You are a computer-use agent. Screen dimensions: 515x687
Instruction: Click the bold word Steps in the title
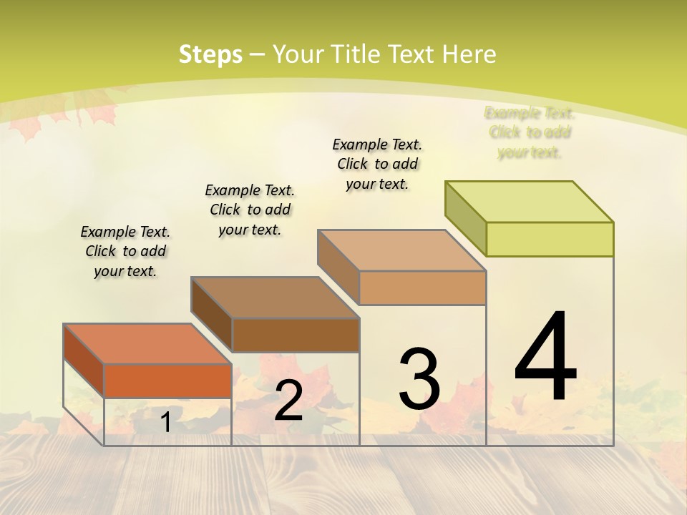tap(210, 54)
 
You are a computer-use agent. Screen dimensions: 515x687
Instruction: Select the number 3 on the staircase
tap(419, 378)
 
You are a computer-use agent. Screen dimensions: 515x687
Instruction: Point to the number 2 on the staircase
tap(288, 401)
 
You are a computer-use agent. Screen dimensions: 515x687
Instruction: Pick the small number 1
tap(165, 422)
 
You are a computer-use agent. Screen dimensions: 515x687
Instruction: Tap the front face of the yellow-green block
tap(550, 239)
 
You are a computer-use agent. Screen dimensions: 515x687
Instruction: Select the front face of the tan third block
tap(422, 288)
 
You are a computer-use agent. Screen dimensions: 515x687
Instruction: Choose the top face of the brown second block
tap(275, 298)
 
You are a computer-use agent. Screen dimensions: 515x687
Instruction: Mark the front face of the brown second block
tap(296, 335)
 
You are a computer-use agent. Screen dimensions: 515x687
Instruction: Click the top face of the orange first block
tap(147, 344)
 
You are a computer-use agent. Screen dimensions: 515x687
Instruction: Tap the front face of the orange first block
tap(167, 381)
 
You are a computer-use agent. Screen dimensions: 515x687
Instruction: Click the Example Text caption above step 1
tap(125, 251)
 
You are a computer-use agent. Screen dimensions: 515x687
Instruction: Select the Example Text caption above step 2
tap(250, 210)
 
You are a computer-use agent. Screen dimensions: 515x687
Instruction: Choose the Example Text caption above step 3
tap(377, 164)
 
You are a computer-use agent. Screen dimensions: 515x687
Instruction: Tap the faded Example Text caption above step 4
tap(530, 132)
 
